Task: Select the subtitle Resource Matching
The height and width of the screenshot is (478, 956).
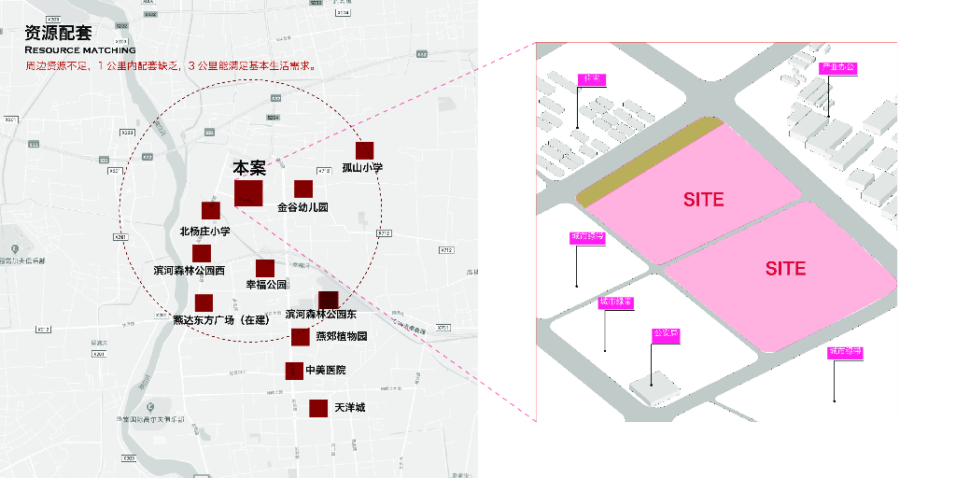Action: [x=79, y=49]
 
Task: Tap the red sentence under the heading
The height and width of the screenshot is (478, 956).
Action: [x=170, y=66]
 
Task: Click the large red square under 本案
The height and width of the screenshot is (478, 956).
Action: [x=248, y=193]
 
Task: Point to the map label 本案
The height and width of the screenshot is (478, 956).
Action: [x=249, y=168]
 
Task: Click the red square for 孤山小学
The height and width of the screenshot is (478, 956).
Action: [x=365, y=150]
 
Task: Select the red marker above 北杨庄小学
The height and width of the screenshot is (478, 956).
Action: [x=211, y=211]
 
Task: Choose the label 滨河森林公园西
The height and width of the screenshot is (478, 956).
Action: [x=190, y=271]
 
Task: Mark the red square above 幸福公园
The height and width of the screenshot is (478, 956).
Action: [x=265, y=268]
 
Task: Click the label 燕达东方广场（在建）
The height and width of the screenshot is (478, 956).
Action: [x=221, y=320]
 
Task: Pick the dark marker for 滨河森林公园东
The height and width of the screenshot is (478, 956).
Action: [x=328, y=300]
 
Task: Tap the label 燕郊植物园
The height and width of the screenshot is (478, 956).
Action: [x=342, y=336]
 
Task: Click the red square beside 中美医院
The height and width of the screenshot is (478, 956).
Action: [x=294, y=371]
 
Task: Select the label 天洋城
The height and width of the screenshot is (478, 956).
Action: [x=350, y=408]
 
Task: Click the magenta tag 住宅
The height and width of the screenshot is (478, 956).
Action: [x=592, y=80]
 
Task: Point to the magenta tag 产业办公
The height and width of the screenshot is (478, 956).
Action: [x=837, y=68]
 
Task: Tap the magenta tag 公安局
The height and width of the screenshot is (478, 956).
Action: [x=665, y=333]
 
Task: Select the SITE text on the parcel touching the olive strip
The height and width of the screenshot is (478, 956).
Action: [x=703, y=200]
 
